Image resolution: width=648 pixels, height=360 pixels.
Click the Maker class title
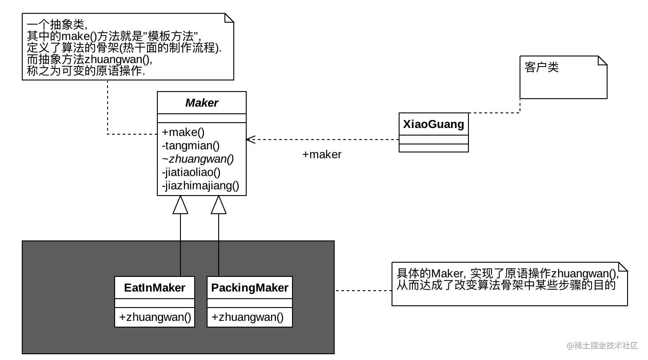tap(202, 103)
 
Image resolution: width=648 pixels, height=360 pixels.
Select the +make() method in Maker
tap(183, 132)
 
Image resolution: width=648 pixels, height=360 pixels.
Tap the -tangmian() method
tap(191, 146)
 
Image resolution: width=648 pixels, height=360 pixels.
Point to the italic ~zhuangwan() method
tap(198, 159)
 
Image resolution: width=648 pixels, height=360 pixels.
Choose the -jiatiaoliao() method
tap(191, 172)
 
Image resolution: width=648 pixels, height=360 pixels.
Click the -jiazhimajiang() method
tap(200, 186)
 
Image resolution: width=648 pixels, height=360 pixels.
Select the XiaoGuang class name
tap(433, 124)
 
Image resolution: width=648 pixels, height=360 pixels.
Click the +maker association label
tap(322, 155)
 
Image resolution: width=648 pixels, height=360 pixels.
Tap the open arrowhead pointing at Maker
tap(251, 140)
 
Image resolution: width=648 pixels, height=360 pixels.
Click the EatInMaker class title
tap(155, 288)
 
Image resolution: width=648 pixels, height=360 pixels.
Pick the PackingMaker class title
tap(250, 288)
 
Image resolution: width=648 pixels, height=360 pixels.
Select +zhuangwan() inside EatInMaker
tap(155, 317)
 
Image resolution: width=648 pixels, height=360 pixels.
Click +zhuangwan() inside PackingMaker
tap(248, 317)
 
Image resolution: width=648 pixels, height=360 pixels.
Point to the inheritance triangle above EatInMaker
tap(180, 205)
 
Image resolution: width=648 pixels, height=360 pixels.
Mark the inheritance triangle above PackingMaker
tap(218, 205)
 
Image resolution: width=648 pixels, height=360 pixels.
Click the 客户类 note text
tap(541, 67)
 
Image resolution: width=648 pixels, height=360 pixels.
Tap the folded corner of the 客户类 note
tap(603, 60)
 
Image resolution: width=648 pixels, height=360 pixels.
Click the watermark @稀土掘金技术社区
tap(602, 345)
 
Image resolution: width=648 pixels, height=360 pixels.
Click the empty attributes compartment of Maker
tap(202, 118)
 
